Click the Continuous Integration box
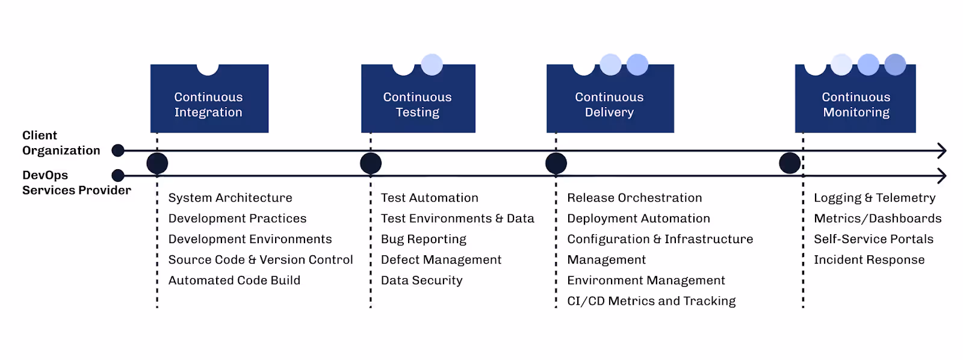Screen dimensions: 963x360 point(209,99)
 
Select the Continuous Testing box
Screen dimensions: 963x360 point(418,99)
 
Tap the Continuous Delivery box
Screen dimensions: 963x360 point(610,99)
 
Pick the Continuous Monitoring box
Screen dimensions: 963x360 point(855,99)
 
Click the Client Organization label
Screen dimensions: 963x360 point(61,143)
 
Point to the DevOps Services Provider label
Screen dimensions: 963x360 point(76,183)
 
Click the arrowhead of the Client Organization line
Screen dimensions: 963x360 point(942,151)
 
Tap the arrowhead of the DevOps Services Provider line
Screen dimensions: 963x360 point(942,175)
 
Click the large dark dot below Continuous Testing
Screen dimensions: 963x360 point(371,163)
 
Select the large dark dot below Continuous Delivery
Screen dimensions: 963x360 point(556,163)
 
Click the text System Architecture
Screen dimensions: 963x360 point(230,198)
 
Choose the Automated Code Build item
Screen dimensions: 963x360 point(234,281)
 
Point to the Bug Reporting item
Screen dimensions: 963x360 point(424,239)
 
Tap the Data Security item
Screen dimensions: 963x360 point(422,281)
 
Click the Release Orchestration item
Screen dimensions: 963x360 point(634,198)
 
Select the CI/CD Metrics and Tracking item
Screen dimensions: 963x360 point(651,301)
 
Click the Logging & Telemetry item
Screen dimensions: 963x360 point(875,198)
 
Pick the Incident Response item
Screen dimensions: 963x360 point(869,260)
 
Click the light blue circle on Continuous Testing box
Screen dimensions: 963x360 point(432,64)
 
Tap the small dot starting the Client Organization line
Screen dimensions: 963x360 point(118,151)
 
